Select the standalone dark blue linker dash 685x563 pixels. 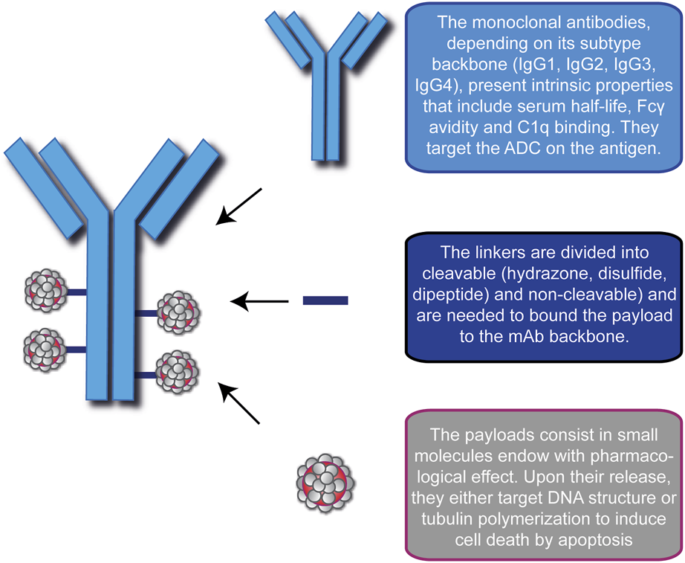(325, 300)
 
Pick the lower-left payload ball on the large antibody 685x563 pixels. (45, 347)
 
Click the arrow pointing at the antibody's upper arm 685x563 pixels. (238, 206)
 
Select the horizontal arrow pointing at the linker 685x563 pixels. (259, 301)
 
